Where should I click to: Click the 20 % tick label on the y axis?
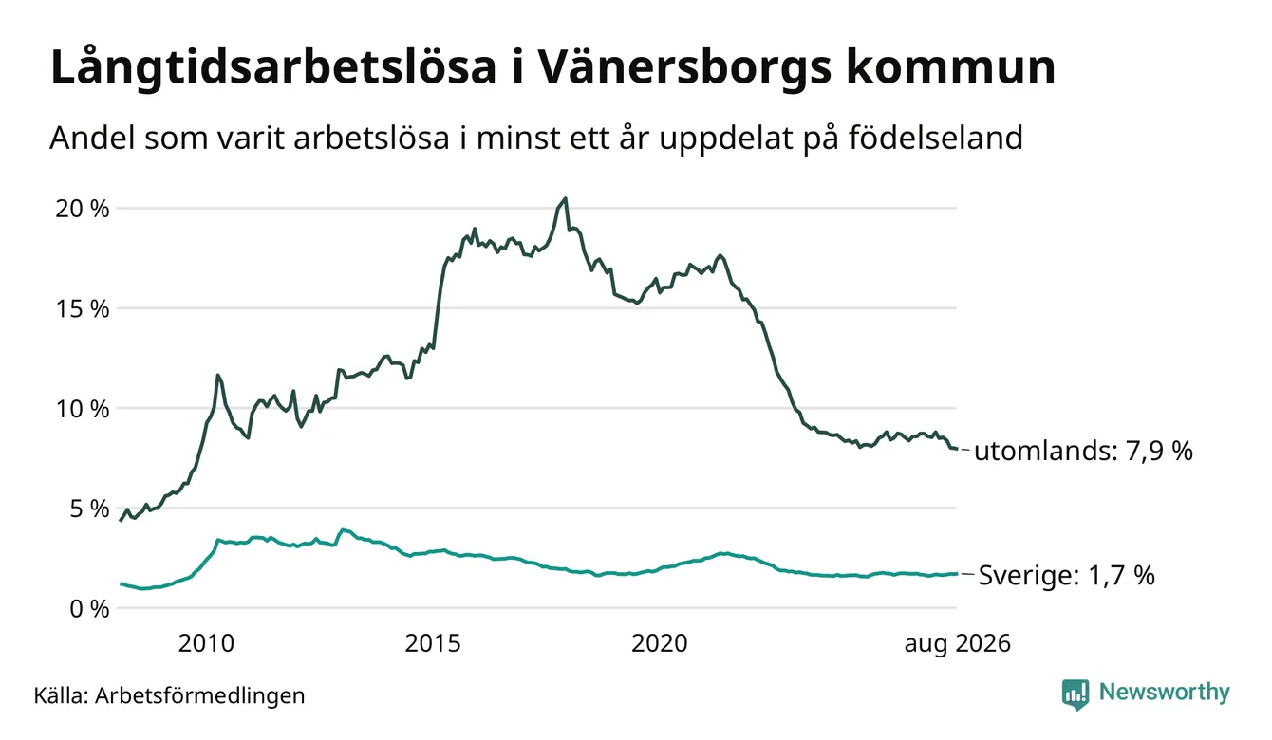(x=83, y=209)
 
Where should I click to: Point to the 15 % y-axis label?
(x=83, y=308)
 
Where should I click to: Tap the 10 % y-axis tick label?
(x=83, y=409)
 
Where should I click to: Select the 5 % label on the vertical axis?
(x=90, y=509)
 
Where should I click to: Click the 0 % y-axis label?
(x=90, y=609)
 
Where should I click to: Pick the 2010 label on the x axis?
(x=206, y=643)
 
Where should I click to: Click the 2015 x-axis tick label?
(x=433, y=643)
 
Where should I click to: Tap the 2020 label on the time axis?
(x=660, y=643)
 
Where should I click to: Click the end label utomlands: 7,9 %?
(x=1083, y=452)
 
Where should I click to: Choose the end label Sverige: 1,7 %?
(x=1067, y=576)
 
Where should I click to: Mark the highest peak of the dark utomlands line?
(x=565, y=198)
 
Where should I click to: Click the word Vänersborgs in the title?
(x=684, y=68)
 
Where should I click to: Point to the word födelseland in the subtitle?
(x=936, y=138)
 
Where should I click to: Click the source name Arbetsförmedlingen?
(x=200, y=695)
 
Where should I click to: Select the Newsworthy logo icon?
(x=1075, y=694)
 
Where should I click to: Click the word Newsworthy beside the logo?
(x=1164, y=693)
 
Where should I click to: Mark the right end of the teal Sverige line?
(x=957, y=574)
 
